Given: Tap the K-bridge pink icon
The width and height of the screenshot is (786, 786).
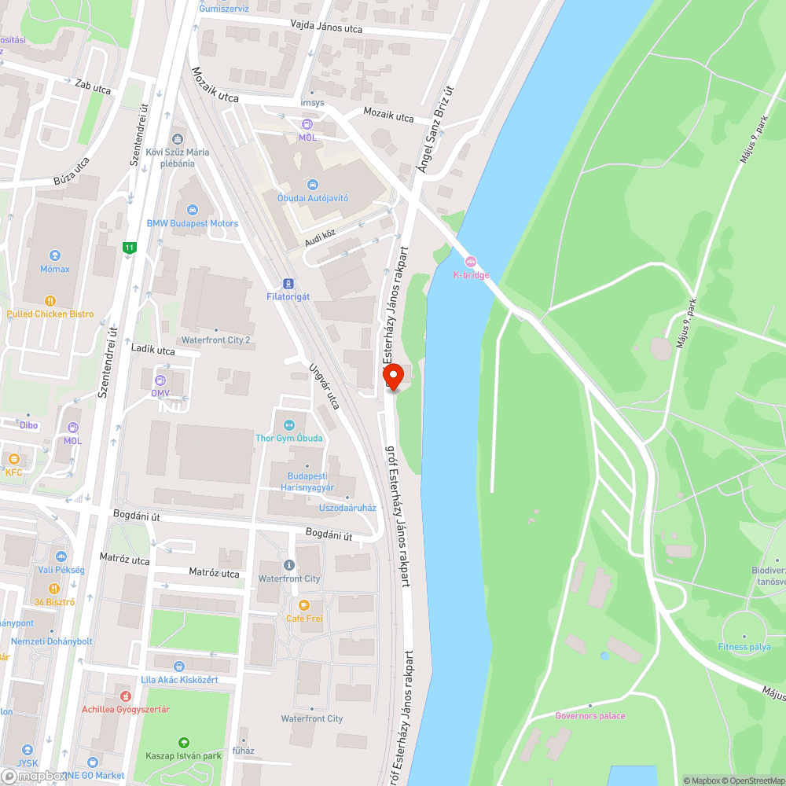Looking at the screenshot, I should [x=471, y=262].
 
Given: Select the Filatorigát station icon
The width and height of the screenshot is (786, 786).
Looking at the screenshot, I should [x=289, y=283].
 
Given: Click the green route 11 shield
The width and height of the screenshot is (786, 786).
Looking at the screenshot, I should [x=129, y=248].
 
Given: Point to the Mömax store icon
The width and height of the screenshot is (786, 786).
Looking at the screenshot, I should [x=54, y=255].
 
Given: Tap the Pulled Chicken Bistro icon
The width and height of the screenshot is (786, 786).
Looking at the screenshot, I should [x=50, y=300].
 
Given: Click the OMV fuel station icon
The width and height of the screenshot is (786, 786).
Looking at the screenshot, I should [x=160, y=380].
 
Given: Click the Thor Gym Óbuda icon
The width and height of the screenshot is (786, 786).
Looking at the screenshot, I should [x=288, y=424].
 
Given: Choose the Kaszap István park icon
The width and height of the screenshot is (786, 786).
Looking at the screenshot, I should [x=183, y=742].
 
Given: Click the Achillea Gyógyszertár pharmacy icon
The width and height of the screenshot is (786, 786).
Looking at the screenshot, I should [x=125, y=696].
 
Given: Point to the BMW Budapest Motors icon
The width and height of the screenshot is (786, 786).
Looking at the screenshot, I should [x=193, y=210].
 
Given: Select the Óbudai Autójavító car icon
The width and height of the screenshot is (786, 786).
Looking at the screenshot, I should [x=312, y=185].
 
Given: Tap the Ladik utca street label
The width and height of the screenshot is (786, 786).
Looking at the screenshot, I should [x=153, y=350].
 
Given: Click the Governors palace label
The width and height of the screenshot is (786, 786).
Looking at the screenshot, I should [x=589, y=716].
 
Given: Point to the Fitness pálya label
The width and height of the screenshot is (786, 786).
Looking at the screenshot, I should [x=744, y=647].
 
